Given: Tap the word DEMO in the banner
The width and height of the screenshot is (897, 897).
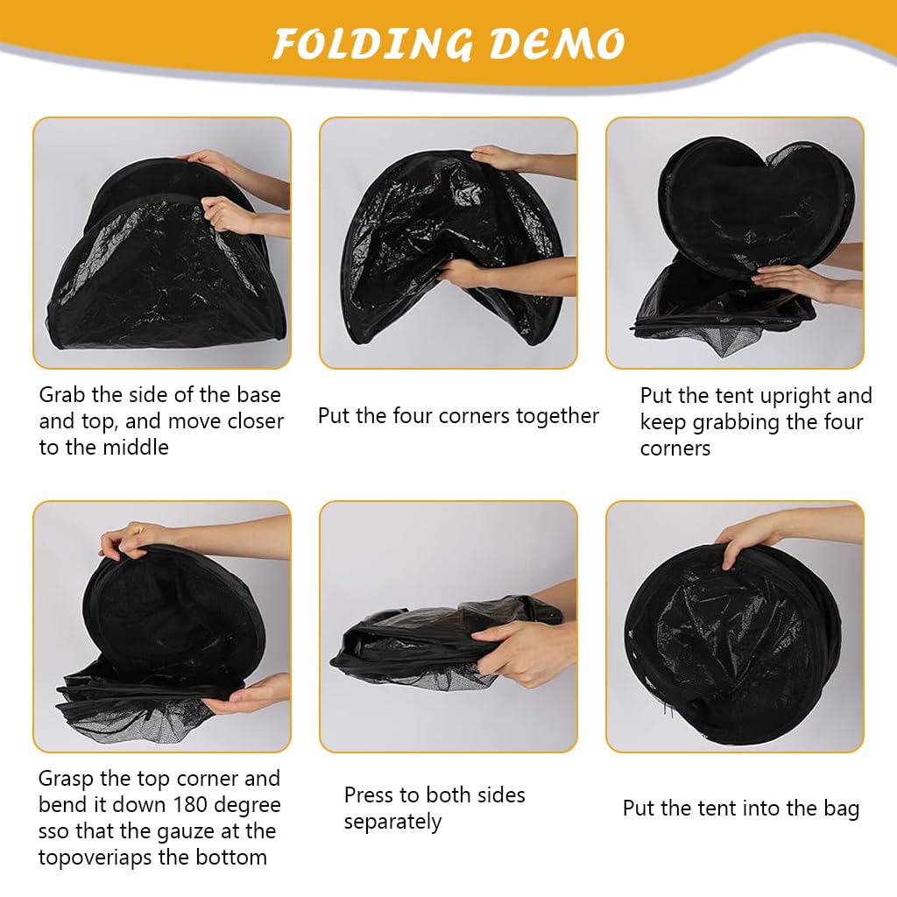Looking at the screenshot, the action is click(x=557, y=44).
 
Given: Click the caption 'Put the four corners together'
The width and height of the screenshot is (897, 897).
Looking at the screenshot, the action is click(x=458, y=416).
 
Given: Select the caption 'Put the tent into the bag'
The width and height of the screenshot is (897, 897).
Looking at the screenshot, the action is click(x=741, y=809).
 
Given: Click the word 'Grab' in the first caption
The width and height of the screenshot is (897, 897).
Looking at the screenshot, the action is click(x=62, y=395).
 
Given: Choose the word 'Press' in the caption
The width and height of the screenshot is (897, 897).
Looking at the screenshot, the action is click(x=369, y=795).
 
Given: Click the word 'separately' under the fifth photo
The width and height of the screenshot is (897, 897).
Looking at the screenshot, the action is click(x=392, y=822).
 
